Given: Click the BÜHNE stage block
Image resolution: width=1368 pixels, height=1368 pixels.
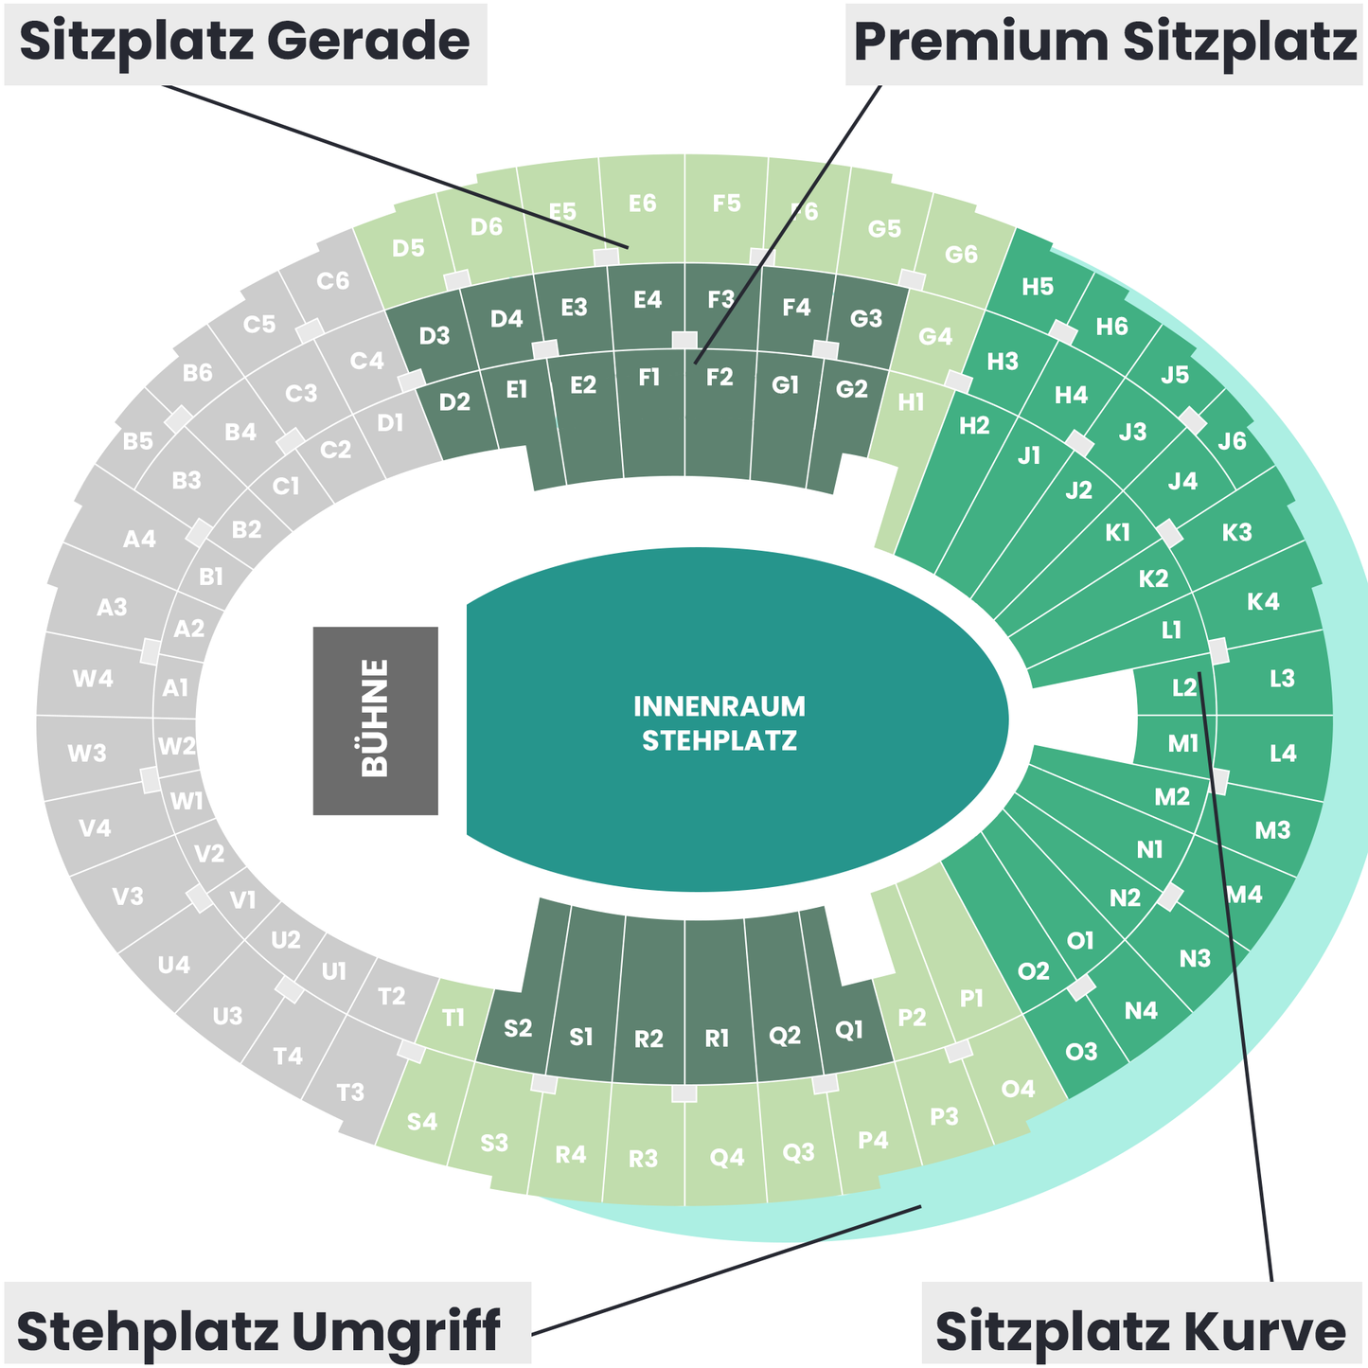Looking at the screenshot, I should pos(375,720).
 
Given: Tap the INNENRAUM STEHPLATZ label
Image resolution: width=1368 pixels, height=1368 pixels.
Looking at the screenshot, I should pos(720,723).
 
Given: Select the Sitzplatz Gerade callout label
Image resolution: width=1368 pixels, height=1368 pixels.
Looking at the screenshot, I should pos(245,43).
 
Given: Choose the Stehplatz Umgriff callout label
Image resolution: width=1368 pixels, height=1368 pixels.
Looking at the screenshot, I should pos(258,1331).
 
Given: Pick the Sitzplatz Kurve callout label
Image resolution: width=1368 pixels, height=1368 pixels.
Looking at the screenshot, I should pos(1140,1331).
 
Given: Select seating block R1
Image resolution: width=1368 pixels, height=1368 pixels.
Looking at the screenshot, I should pos(718,1039).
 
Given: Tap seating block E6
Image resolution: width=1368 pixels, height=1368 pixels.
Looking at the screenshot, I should pos(642,203).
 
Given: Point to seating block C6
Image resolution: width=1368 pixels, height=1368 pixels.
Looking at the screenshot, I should pos(333,281).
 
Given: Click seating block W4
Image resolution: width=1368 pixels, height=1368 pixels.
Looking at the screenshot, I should pos(93,678).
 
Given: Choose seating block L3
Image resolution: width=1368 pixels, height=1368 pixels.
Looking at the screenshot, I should pos(1282,678).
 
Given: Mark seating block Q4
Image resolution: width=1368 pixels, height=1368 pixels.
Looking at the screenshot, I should pos(727,1156).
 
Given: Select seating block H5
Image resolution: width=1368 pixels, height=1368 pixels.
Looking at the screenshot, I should pos(1038,287).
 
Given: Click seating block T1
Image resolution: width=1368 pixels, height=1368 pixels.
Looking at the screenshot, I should pos(454,1019).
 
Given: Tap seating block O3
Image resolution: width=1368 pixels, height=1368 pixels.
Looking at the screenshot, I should pos(1081,1051).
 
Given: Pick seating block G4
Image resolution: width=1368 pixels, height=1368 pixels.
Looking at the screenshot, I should pos(935,336).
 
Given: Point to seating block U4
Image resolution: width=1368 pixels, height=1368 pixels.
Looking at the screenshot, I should pos(174,965).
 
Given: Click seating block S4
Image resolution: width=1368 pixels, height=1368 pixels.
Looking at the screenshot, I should pos(422,1122).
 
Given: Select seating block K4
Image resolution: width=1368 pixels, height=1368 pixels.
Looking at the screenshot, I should pos(1263,601).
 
